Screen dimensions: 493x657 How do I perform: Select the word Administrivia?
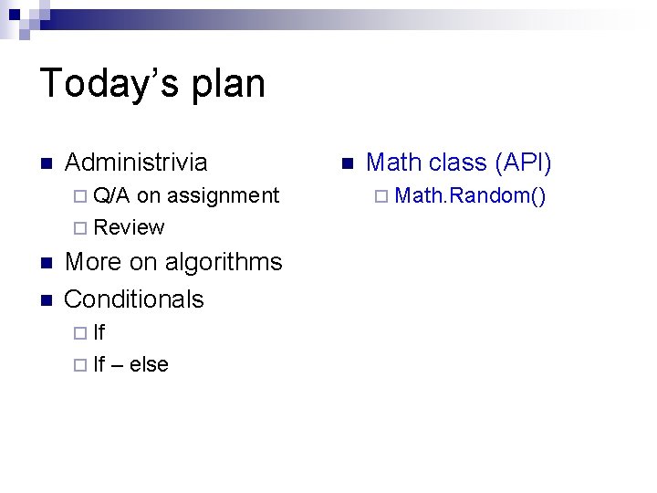pos(136,163)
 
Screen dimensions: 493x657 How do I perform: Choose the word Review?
pos(129,227)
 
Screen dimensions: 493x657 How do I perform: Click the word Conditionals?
pos(134,299)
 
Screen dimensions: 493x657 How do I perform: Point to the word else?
pos(149,364)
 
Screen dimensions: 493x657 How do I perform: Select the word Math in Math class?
pos(393,163)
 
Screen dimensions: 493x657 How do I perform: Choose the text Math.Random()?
pos(470,195)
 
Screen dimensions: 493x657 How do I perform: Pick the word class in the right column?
pos(457,163)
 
